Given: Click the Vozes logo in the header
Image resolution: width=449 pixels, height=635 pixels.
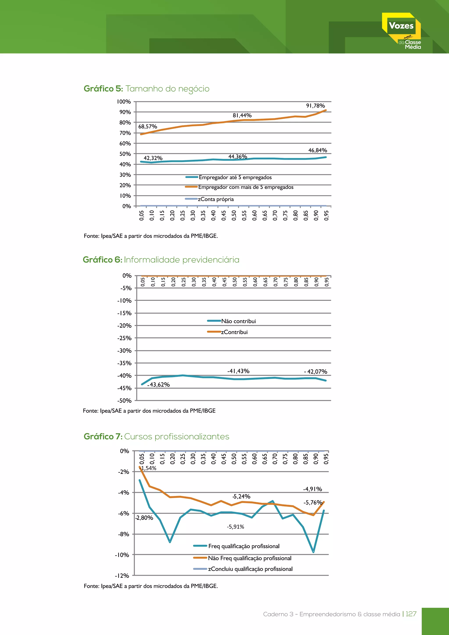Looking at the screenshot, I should [x=402, y=31].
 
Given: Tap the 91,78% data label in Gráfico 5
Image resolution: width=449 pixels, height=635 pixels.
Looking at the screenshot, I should [x=315, y=106].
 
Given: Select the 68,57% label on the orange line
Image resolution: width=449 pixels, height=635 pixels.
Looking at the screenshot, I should [x=148, y=126].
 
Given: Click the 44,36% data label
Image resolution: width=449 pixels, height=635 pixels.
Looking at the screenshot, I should [x=237, y=157].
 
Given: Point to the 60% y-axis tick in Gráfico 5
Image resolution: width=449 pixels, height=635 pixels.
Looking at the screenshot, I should [x=125, y=143].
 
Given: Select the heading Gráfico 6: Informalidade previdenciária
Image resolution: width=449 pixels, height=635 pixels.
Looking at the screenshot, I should [x=161, y=260].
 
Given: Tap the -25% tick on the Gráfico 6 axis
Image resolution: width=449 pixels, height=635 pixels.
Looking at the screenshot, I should [x=124, y=338].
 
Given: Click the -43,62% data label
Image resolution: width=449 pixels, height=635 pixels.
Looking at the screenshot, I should [x=159, y=384].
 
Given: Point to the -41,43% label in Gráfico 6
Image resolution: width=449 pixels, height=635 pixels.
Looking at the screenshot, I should [x=238, y=371].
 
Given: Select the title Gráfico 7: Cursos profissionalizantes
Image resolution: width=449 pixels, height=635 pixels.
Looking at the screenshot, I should [x=157, y=436].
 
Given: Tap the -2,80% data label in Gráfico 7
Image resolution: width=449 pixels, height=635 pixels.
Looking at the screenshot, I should [x=144, y=518].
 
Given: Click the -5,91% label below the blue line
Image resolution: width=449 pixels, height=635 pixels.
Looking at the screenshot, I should [x=235, y=527].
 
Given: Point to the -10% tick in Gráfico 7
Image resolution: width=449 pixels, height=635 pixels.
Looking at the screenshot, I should [x=122, y=555].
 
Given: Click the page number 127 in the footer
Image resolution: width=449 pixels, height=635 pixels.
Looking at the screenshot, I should [x=411, y=614].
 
